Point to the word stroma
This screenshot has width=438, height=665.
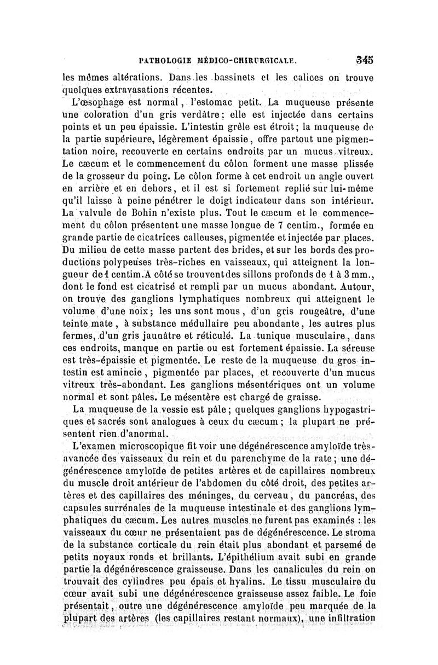pyautogui.click(x=356, y=523)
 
